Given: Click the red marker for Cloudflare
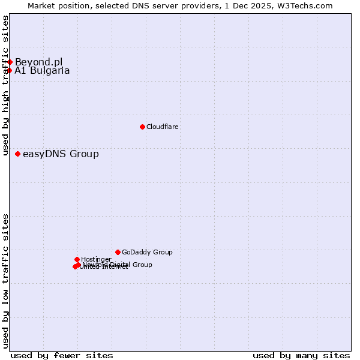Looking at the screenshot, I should click(142, 127).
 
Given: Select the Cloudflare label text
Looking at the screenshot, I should click(163, 127).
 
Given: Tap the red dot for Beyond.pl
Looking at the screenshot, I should click(10, 62).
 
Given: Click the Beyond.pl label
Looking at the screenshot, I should click(38, 62).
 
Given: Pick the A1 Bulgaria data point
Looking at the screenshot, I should click(9, 71).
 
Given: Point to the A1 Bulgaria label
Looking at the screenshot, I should click(42, 71).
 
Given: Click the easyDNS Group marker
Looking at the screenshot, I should click(17, 154).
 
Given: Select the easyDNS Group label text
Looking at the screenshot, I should click(61, 154).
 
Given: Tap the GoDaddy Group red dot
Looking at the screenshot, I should click(118, 252).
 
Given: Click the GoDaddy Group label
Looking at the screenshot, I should click(147, 253).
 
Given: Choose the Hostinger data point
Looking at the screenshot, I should click(77, 259).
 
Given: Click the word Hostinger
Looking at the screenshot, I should click(96, 260).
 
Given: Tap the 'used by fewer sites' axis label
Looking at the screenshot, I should click(62, 355).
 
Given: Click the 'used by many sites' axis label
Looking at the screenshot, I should click(301, 355).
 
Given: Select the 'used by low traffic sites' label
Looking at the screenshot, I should click(5, 281).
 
